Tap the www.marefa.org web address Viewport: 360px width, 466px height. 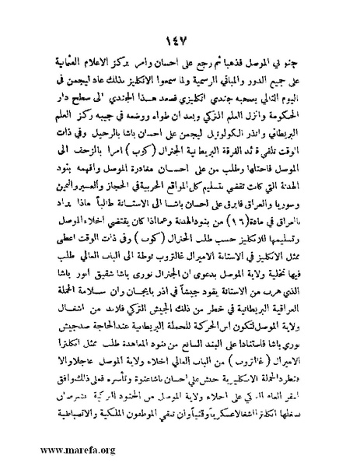(x=51, y=449)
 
